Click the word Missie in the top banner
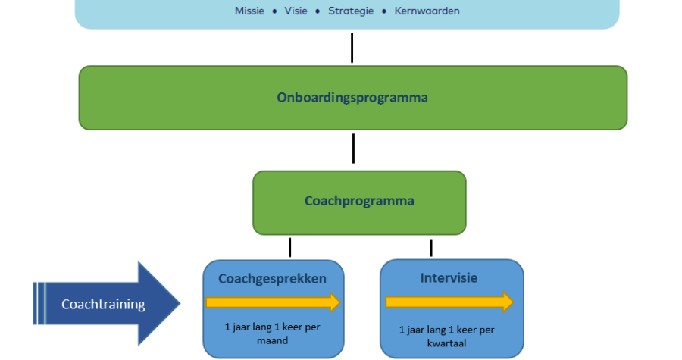(249, 11)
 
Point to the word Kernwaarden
(427, 11)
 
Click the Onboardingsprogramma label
(352, 98)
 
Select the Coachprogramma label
(359, 202)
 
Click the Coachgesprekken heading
(272, 278)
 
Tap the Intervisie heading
(449, 278)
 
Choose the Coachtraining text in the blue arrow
(103, 305)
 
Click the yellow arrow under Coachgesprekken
(273, 303)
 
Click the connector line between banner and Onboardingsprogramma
(352, 48)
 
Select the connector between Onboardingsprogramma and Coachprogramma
(353, 149)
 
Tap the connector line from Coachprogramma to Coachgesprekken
(289, 247)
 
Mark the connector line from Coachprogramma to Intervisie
(431, 248)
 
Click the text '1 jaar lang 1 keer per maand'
(272, 334)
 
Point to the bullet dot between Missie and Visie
(274, 11)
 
